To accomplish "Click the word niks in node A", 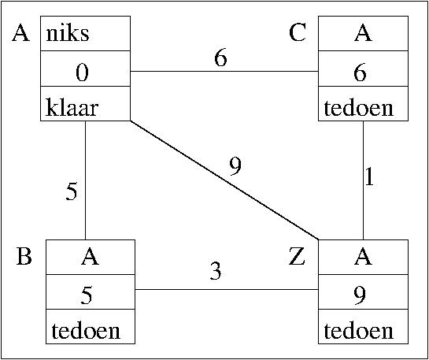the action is [x=68, y=34].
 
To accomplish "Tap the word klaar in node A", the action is [x=72, y=108].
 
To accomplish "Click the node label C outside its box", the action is [x=297, y=33].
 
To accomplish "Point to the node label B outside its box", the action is [x=24, y=257].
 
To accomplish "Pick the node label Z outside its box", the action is [x=297, y=257].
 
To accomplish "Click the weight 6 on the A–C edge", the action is [x=220, y=58].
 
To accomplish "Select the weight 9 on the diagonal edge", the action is [x=235, y=167].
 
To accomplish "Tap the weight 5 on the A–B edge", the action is [x=72, y=192].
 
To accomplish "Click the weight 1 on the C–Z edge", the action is [x=369, y=177].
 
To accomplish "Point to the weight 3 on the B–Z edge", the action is [x=216, y=272].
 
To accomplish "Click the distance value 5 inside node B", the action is [x=87, y=295].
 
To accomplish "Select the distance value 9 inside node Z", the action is [x=360, y=296].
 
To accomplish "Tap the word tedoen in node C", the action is [x=359, y=109].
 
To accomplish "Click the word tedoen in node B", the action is [x=86, y=332].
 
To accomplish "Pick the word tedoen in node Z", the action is [x=359, y=332].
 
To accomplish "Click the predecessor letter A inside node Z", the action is [x=363, y=257].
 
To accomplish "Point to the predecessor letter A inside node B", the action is [x=90, y=257].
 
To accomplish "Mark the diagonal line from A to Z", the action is [x=224, y=180].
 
